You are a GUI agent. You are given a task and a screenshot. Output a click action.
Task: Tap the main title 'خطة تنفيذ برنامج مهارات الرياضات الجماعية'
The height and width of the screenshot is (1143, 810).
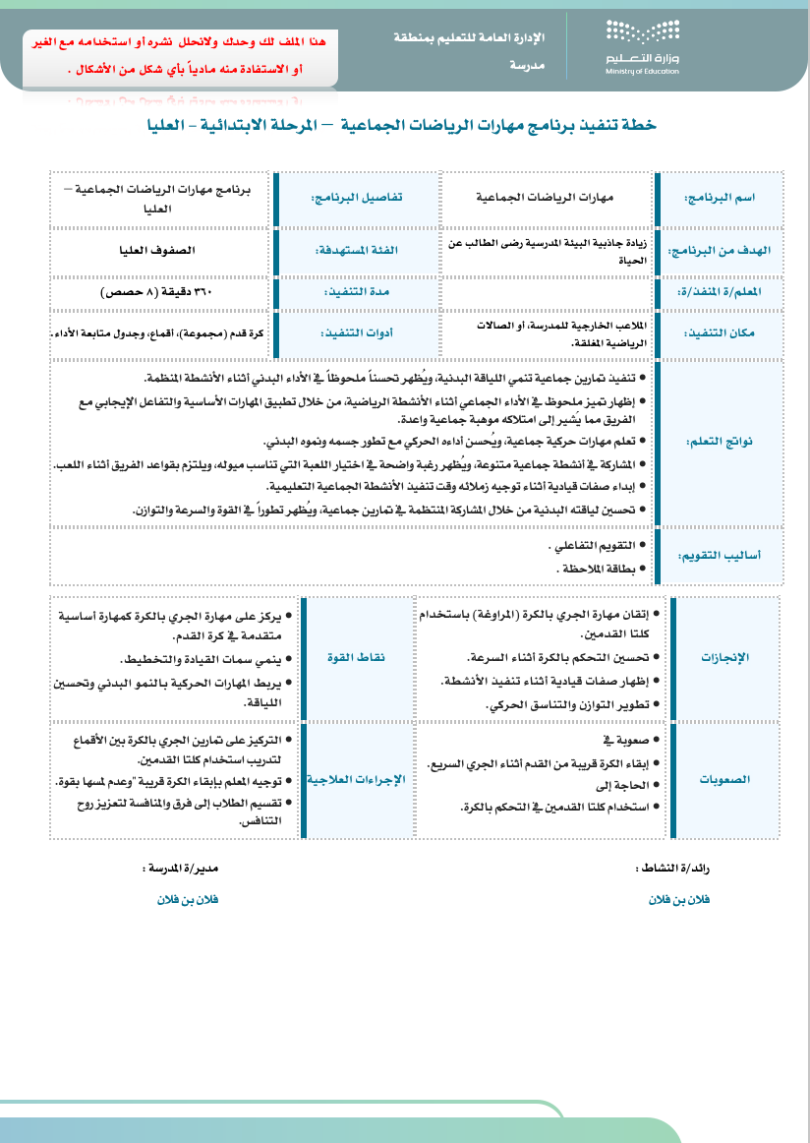[x=401, y=126]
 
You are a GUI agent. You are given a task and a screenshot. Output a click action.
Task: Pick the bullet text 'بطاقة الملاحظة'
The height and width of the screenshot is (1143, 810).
[x=599, y=569]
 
